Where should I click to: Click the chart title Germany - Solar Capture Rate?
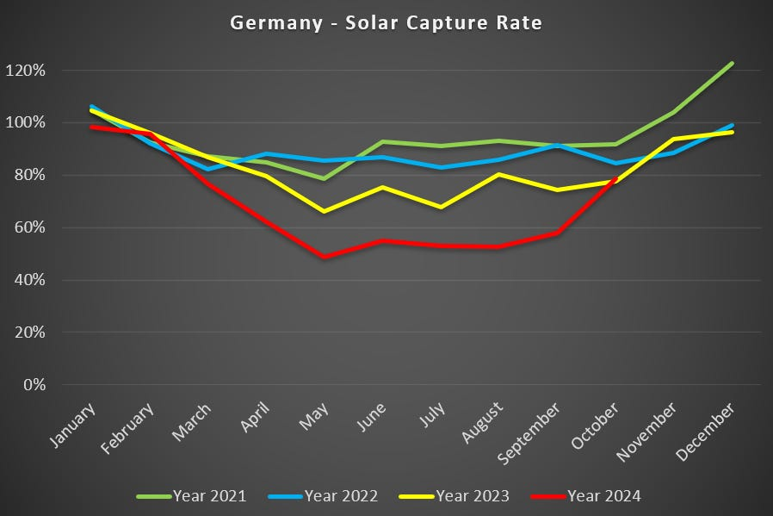(386, 23)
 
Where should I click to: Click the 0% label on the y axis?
(59, 385)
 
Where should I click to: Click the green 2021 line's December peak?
(732, 63)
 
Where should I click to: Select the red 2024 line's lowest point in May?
(324, 257)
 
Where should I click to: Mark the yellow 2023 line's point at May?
(324, 211)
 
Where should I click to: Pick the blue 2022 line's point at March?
(207, 169)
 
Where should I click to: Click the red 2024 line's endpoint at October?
(615, 179)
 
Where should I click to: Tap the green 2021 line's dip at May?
(324, 178)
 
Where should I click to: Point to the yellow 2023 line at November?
(674, 139)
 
